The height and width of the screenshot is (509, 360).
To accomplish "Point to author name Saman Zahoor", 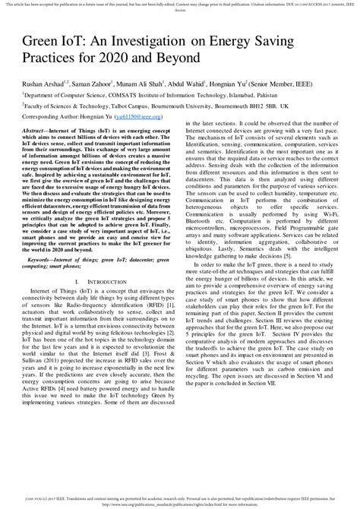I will (x=93, y=84).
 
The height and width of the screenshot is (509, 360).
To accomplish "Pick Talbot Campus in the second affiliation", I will (x=150, y=109).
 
